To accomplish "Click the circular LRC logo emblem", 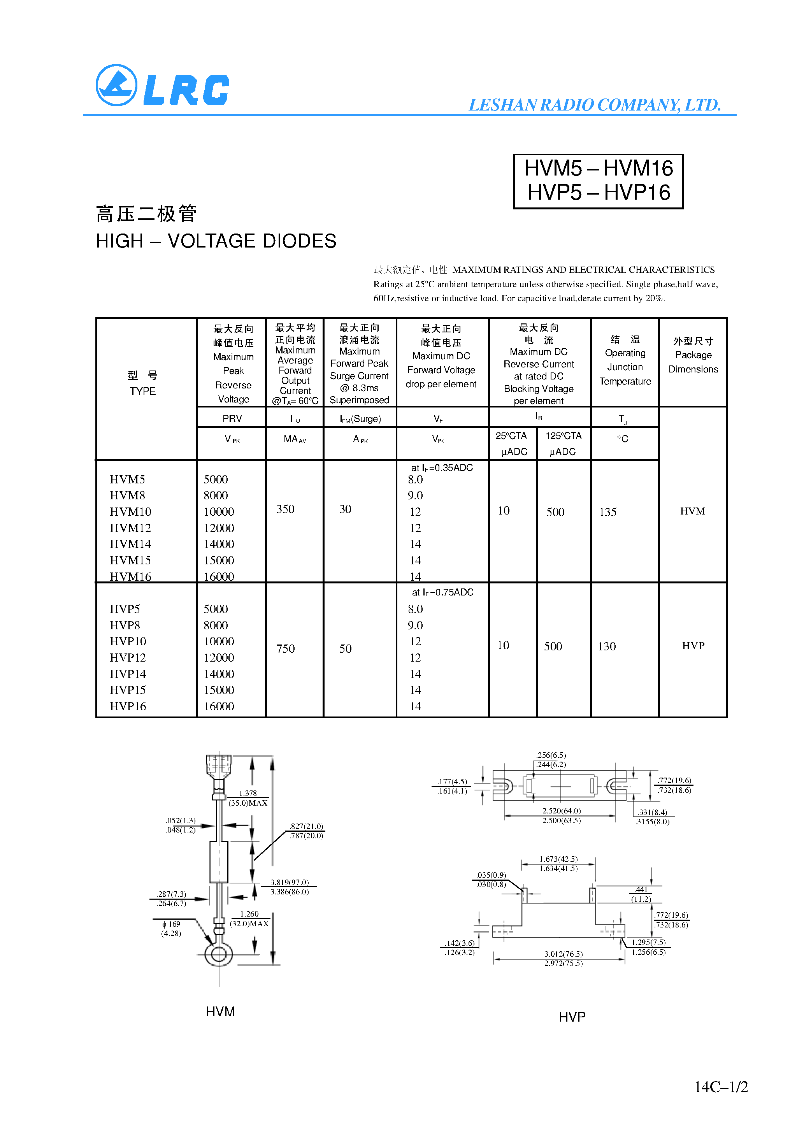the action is click(116, 85).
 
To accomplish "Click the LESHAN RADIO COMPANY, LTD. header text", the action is click(594, 105).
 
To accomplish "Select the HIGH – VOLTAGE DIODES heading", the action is click(216, 241).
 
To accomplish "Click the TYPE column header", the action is click(143, 391).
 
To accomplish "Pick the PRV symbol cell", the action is click(232, 419).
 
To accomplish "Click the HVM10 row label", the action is click(130, 511).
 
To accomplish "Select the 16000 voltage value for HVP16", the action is click(219, 706).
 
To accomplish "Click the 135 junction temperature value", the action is click(608, 513).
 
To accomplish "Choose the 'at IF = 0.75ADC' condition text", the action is click(442, 592).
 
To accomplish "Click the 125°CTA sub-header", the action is click(563, 436).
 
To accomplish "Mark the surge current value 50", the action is click(345, 649).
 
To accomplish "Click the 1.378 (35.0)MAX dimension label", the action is click(248, 798).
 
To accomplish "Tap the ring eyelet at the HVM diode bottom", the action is click(219, 954).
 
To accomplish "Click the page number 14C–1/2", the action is click(721, 1087).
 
